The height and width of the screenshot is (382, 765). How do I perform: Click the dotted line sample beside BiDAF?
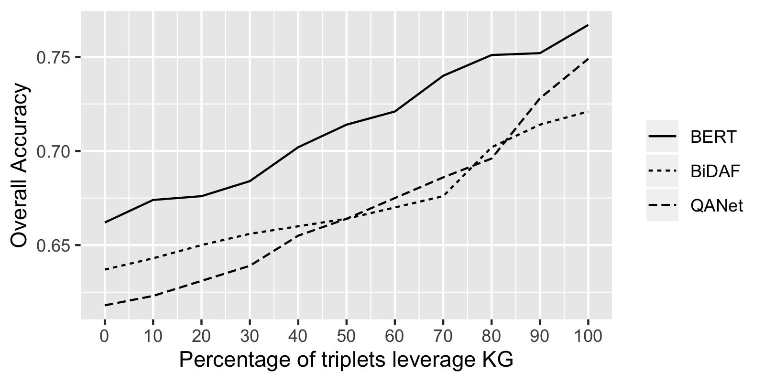[x=662, y=171]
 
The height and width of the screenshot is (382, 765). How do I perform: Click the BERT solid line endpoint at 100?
[x=588, y=25]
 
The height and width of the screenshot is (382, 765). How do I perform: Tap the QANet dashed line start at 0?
[x=105, y=306]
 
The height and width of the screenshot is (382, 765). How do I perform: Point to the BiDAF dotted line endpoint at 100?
[x=588, y=111]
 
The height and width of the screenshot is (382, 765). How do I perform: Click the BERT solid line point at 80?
[x=491, y=55]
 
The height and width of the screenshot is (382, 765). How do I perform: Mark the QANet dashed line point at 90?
[x=539, y=99]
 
